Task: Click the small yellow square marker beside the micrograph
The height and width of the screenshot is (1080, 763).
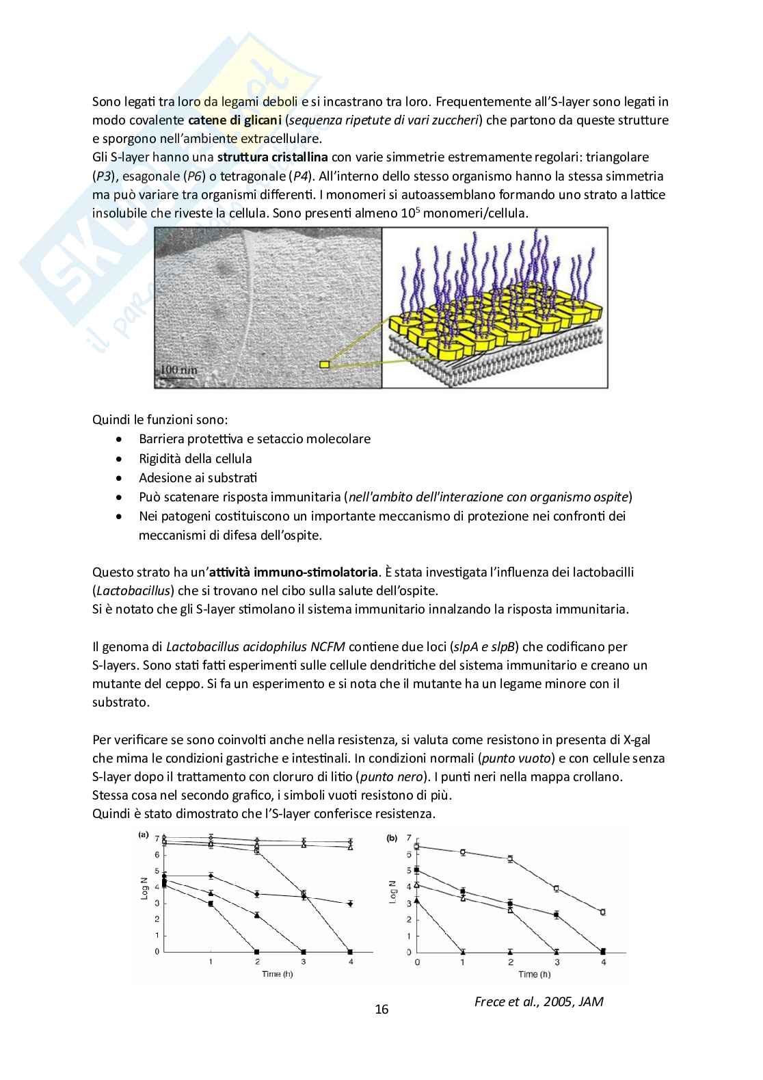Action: coord(324,365)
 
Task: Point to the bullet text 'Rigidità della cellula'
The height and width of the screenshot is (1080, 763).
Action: coord(195,458)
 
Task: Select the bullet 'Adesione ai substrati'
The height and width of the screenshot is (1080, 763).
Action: coord(198,477)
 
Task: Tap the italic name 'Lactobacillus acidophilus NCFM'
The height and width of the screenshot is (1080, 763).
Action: coord(256,646)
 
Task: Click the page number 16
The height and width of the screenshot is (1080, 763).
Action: coord(381,1009)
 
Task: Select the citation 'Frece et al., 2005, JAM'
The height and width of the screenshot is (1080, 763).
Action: coord(539,1002)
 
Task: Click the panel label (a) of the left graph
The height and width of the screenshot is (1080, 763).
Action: coord(144,834)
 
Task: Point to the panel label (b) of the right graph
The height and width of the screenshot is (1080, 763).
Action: coord(392,837)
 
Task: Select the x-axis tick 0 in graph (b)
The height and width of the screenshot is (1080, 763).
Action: coord(417,962)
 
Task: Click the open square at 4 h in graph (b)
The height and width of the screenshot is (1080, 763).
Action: coord(602,912)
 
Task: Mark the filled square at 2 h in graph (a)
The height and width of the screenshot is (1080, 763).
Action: coord(256,951)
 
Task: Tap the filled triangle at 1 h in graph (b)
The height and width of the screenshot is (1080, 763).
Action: coord(463,951)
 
